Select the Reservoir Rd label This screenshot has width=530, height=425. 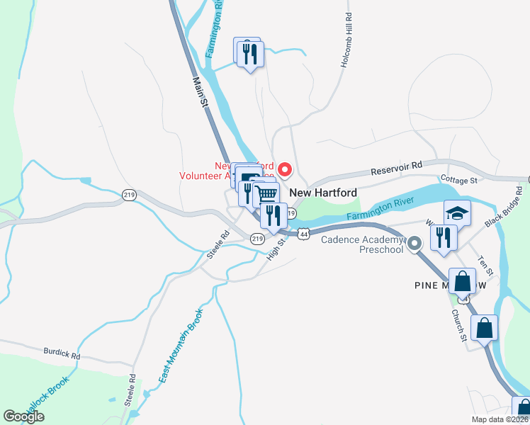click(396, 168)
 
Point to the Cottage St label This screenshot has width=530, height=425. click(458, 181)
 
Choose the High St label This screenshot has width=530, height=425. click(276, 249)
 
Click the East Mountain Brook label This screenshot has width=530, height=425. click(181, 345)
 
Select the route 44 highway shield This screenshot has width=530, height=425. click(303, 233)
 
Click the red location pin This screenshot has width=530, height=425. click(285, 169)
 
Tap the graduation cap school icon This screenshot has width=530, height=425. click(458, 211)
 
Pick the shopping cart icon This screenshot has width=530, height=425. click(266, 193)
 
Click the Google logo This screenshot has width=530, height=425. click(23, 416)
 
